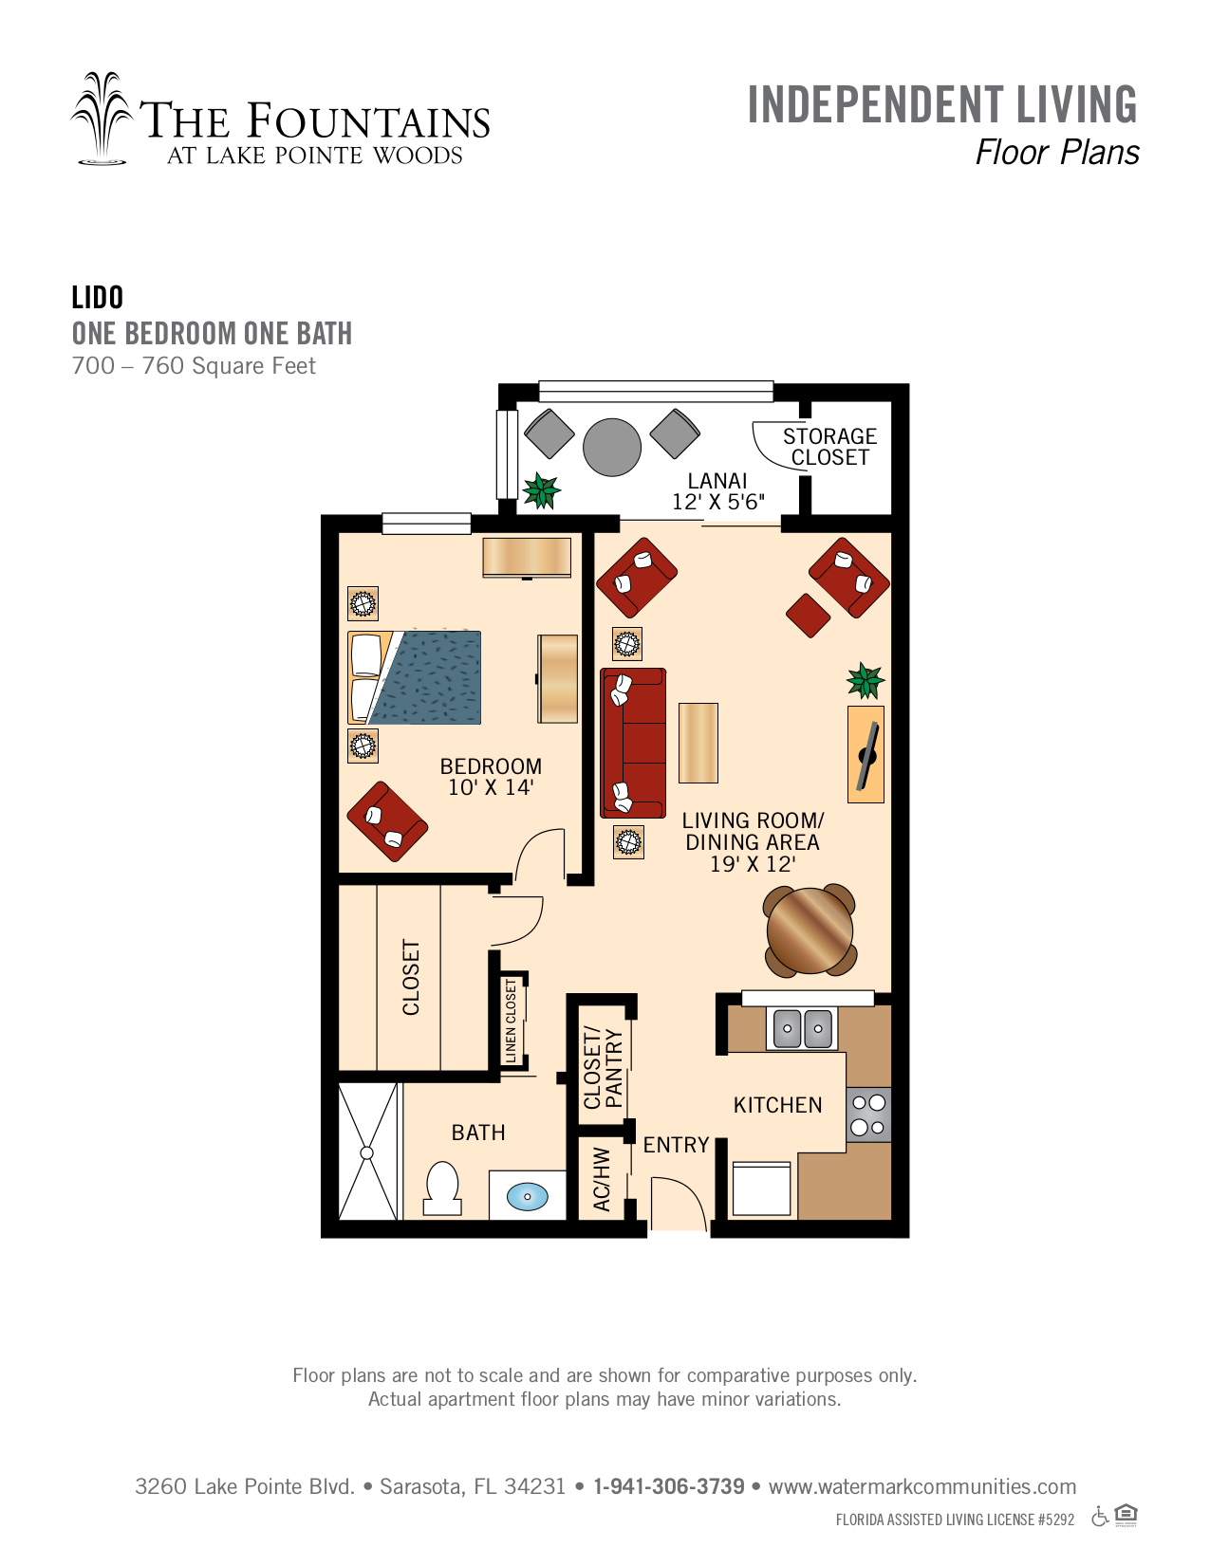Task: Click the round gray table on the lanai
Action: click(611, 448)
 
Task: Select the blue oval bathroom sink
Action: click(527, 1196)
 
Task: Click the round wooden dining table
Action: click(810, 930)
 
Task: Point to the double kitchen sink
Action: click(802, 1028)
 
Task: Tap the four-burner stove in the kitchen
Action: click(868, 1115)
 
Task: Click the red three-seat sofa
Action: click(632, 743)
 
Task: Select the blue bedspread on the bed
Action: click(425, 677)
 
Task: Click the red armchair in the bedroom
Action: click(387, 821)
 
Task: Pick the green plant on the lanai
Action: click(541, 490)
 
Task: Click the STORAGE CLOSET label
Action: click(830, 447)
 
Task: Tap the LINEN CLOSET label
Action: click(511, 1021)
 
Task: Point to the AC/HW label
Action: click(602, 1179)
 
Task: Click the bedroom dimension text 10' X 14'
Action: click(491, 787)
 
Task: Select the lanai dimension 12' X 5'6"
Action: click(718, 502)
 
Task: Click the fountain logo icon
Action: click(102, 119)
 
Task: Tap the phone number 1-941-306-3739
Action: click(668, 1486)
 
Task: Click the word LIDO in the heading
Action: click(98, 298)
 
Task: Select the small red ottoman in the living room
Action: click(809, 616)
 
